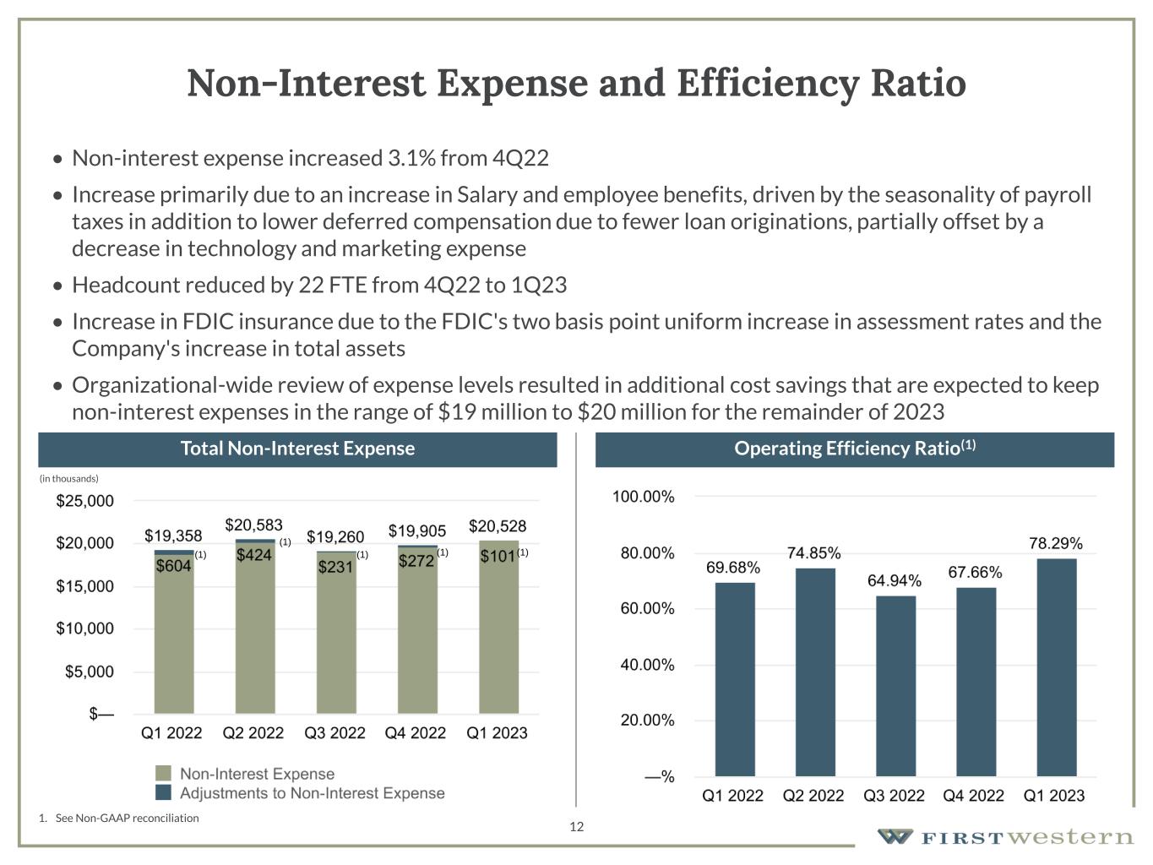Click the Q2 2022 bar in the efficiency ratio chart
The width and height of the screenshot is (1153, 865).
click(815, 672)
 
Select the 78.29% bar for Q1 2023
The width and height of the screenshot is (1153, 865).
click(1056, 667)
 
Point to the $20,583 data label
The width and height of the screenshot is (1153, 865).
click(253, 525)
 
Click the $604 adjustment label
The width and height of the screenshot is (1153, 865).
click(173, 566)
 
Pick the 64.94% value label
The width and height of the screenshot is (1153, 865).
click(895, 580)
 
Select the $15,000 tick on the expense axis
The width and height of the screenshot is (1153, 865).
click(84, 586)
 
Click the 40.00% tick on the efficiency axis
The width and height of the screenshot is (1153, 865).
click(644, 665)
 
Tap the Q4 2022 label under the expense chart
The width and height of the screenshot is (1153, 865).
click(415, 732)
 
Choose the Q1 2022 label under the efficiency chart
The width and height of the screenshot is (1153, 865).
click(732, 795)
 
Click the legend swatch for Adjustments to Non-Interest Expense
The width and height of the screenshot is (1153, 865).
click(164, 792)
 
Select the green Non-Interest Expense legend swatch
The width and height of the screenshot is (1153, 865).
click(164, 773)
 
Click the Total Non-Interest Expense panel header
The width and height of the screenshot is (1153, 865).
click(297, 449)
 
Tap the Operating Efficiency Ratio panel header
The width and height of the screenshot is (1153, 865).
click(854, 449)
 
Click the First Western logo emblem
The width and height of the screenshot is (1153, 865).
click(895, 836)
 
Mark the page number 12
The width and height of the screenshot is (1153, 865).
click(576, 826)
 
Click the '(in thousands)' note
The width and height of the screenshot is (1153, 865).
click(69, 478)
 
